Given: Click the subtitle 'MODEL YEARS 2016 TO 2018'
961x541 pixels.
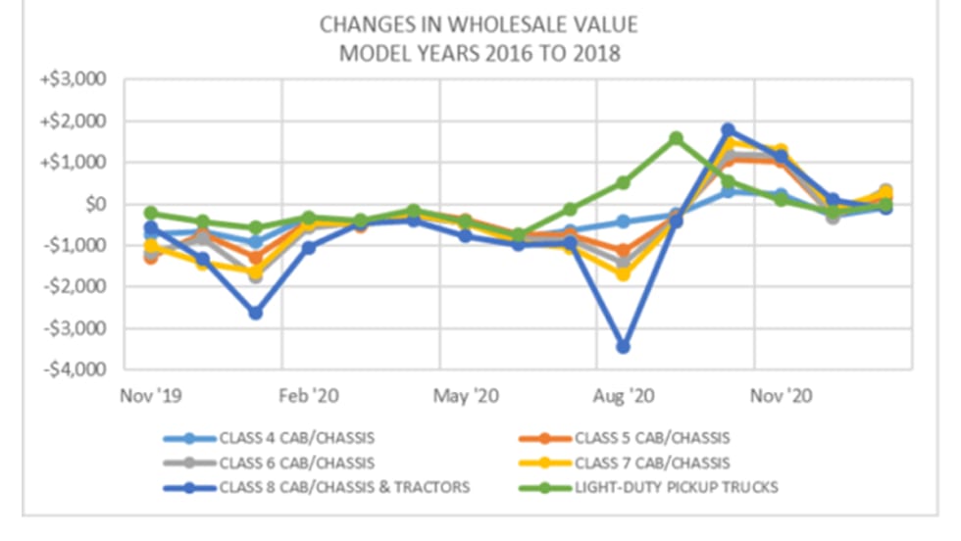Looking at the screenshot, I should (x=480, y=53).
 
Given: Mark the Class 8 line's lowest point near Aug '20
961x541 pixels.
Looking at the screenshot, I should (x=623, y=347).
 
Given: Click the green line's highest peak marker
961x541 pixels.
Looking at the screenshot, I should (x=676, y=138).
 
